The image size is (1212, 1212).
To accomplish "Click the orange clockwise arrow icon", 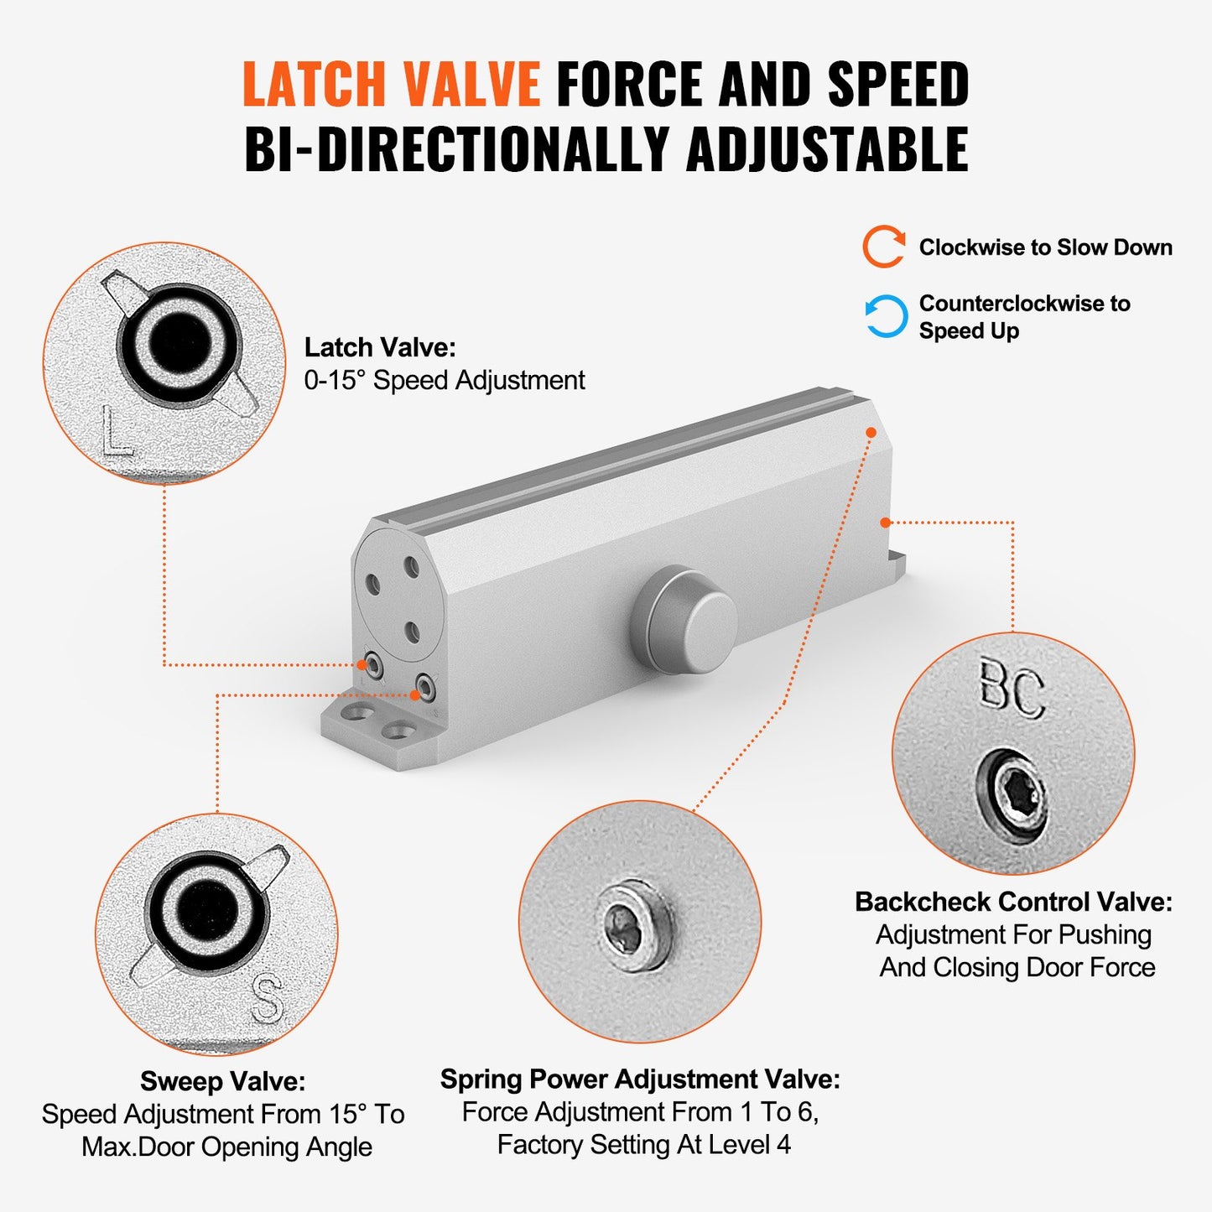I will [x=884, y=247].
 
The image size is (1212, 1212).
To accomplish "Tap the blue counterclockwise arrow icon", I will [x=886, y=316].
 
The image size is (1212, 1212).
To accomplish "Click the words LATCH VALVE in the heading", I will [x=392, y=84].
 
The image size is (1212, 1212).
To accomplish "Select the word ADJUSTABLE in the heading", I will [x=827, y=149].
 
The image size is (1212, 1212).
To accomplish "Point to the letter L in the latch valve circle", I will [x=116, y=431].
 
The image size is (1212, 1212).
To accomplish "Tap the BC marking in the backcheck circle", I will [x=1012, y=691].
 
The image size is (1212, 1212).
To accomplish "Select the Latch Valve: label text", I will [x=380, y=347].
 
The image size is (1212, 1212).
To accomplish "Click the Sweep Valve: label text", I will [x=222, y=1081].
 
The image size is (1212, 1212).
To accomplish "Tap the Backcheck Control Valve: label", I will [x=1013, y=902].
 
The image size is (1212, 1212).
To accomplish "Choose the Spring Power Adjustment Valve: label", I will [x=640, y=1079].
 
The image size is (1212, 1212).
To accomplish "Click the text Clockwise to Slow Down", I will [x=1045, y=247].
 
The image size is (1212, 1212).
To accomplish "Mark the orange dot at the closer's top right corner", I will [x=871, y=433].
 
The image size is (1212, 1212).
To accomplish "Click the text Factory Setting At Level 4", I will [x=643, y=1145].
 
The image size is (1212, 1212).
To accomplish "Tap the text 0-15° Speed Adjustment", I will [x=445, y=381].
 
